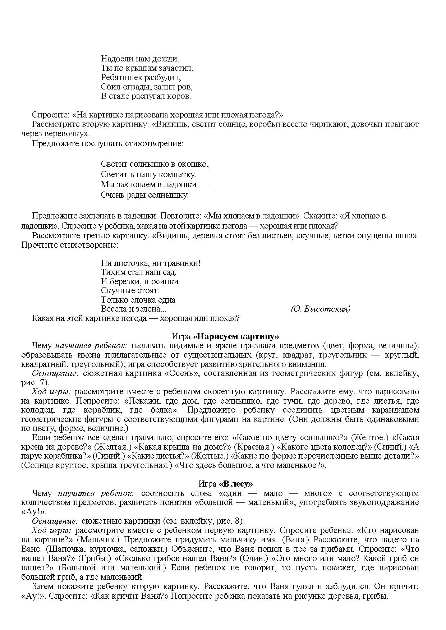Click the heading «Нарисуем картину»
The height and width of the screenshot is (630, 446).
tap(236, 337)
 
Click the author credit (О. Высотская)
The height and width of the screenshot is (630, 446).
tap(320, 309)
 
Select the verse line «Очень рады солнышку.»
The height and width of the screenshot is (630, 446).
tap(144, 195)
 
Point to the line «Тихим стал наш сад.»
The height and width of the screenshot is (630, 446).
tap(139, 272)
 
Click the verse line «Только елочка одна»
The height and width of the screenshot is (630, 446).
tap(138, 300)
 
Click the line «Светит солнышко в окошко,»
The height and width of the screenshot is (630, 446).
tap(155, 164)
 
